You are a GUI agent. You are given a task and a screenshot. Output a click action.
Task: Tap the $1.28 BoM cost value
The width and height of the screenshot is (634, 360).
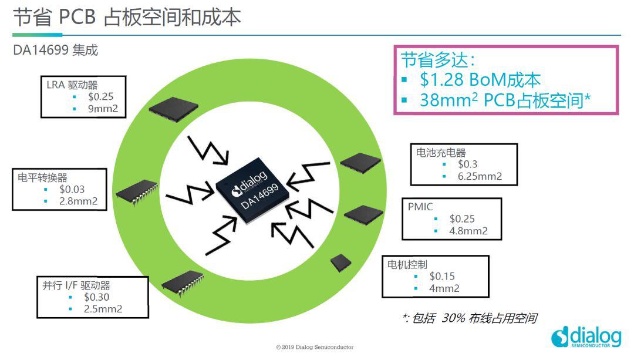pos(441,80)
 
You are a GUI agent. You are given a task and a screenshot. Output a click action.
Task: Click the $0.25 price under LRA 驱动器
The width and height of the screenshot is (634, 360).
pos(101,97)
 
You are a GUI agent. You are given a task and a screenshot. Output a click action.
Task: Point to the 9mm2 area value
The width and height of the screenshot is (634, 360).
pos(103,109)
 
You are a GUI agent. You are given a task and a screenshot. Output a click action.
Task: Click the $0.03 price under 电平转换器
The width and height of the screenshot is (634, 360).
pos(72,189)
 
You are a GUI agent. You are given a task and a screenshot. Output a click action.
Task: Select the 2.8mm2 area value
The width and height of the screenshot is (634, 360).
pos(79,201)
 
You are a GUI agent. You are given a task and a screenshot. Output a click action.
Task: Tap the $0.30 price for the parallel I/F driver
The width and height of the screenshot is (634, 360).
pos(97,297)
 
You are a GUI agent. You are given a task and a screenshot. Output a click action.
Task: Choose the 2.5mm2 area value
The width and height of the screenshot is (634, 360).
pos(103,309)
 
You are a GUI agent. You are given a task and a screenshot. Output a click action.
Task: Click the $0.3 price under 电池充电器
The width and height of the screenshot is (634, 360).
pos(467,164)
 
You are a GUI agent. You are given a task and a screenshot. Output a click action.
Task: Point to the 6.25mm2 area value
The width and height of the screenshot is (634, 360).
pos(480,176)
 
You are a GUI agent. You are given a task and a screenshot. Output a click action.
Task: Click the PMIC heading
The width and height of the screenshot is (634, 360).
pos(420,207)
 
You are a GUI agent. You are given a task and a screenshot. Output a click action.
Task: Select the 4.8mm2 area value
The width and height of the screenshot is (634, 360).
pos(468,231)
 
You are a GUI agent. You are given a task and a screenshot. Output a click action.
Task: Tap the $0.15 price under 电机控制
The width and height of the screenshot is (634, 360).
pos(442,276)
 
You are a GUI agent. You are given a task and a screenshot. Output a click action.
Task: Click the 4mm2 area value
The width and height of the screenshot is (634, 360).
pos(444,288)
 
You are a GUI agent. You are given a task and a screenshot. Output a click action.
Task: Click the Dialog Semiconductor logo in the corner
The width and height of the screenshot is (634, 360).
pos(586,337)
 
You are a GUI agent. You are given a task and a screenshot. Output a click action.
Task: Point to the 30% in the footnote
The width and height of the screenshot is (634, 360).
pos(453,318)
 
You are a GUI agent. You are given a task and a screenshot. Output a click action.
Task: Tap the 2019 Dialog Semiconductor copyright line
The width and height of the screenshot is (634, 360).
pos(315,347)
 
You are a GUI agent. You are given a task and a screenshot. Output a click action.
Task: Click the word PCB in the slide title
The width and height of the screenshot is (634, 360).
pos(77,17)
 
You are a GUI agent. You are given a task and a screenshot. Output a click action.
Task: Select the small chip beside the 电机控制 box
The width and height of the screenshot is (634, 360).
pos(341,263)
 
